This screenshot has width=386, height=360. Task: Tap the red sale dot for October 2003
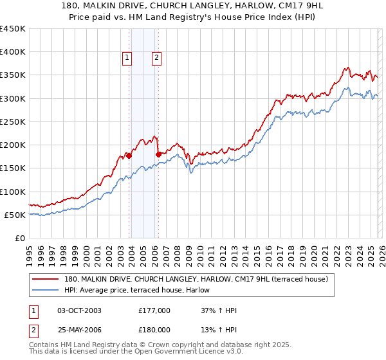coord(129,156)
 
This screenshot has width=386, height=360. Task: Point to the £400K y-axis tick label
coord(13,52)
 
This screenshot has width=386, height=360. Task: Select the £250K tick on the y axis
coord(13,122)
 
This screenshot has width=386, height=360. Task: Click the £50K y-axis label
coord(15,215)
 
